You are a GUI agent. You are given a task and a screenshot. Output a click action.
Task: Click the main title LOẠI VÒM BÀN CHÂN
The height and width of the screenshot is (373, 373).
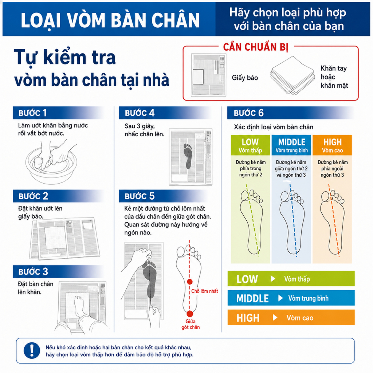110,20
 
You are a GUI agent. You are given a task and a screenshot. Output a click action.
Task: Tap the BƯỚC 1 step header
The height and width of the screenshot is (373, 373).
32,113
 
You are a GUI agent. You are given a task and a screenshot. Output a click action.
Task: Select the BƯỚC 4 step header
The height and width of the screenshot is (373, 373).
140,113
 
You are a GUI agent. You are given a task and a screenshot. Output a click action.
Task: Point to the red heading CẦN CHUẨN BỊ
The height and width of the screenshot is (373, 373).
256,47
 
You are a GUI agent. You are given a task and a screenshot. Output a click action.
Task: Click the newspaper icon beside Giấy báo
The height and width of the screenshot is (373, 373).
209,75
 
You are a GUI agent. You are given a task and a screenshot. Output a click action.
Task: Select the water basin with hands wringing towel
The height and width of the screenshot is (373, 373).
51,163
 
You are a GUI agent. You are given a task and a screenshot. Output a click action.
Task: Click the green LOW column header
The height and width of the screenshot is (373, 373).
250,145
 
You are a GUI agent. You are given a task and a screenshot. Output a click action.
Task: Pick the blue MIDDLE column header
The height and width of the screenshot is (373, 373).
291,145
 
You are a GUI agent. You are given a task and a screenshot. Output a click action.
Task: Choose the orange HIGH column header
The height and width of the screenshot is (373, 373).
332,145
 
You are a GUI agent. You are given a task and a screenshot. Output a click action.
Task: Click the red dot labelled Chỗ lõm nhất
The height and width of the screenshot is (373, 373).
189,282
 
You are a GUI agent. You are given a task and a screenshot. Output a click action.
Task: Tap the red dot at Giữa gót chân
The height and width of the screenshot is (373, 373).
189,314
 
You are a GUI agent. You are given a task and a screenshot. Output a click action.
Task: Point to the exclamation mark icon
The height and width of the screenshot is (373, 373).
32,350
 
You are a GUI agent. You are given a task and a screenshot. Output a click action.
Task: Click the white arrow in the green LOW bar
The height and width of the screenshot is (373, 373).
273,279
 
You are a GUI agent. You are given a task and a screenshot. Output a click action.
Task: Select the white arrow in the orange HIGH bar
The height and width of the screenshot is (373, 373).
275,318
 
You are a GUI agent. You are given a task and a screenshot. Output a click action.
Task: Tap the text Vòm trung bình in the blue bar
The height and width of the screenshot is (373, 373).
308,298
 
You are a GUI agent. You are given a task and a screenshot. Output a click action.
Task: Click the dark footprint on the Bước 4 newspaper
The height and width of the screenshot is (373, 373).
188,156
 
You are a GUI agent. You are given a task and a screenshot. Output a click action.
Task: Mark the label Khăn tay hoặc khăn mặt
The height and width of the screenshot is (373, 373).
334,77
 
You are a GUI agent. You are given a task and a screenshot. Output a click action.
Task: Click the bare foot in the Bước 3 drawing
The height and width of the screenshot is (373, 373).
79,307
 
